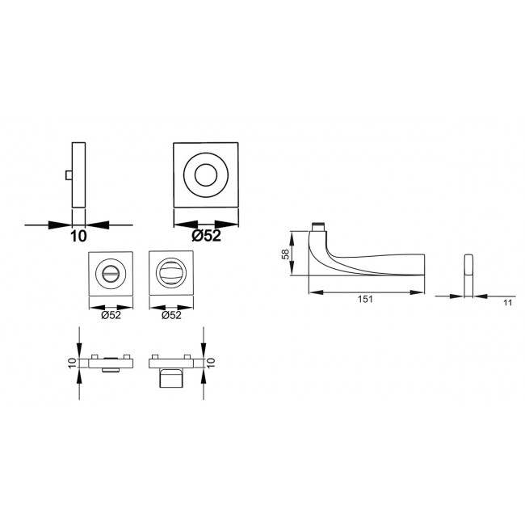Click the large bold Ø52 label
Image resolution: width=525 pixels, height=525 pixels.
click(x=208, y=237)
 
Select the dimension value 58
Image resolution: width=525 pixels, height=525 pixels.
click(x=285, y=254)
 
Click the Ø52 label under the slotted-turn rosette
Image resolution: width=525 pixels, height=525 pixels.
click(x=111, y=316)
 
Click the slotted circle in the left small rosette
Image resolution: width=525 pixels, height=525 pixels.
click(x=111, y=274)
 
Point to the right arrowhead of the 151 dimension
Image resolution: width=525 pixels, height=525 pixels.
click(x=422, y=291)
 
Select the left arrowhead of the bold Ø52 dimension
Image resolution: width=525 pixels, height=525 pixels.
click(x=178, y=225)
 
